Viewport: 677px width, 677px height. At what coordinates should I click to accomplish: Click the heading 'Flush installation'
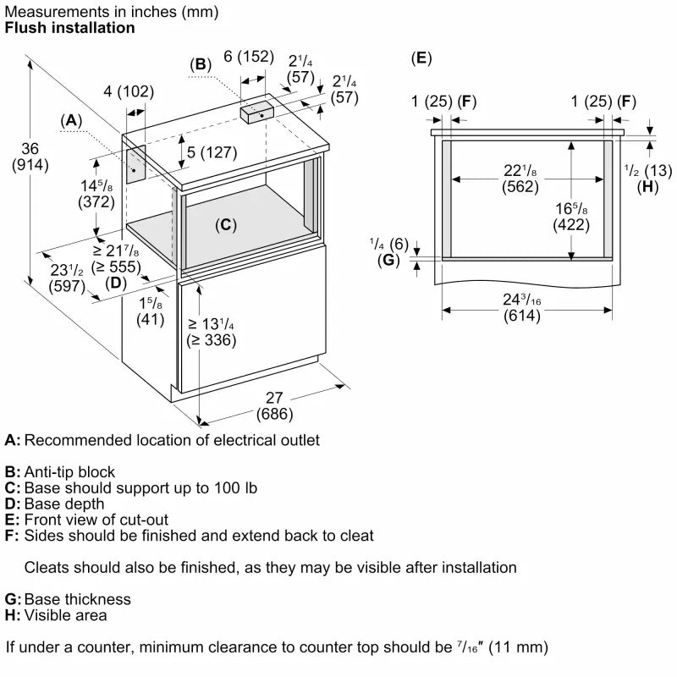69,28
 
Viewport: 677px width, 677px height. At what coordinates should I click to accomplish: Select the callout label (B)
201,64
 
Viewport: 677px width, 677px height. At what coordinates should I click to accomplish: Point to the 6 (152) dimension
249,57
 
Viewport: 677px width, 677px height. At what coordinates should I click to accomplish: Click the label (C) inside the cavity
225,225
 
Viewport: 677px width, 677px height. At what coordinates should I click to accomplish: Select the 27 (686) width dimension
276,407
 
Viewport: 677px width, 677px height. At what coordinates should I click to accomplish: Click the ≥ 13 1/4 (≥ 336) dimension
212,333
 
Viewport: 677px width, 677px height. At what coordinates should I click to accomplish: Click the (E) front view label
421,58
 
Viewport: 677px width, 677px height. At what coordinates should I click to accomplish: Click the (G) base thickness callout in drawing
388,260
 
